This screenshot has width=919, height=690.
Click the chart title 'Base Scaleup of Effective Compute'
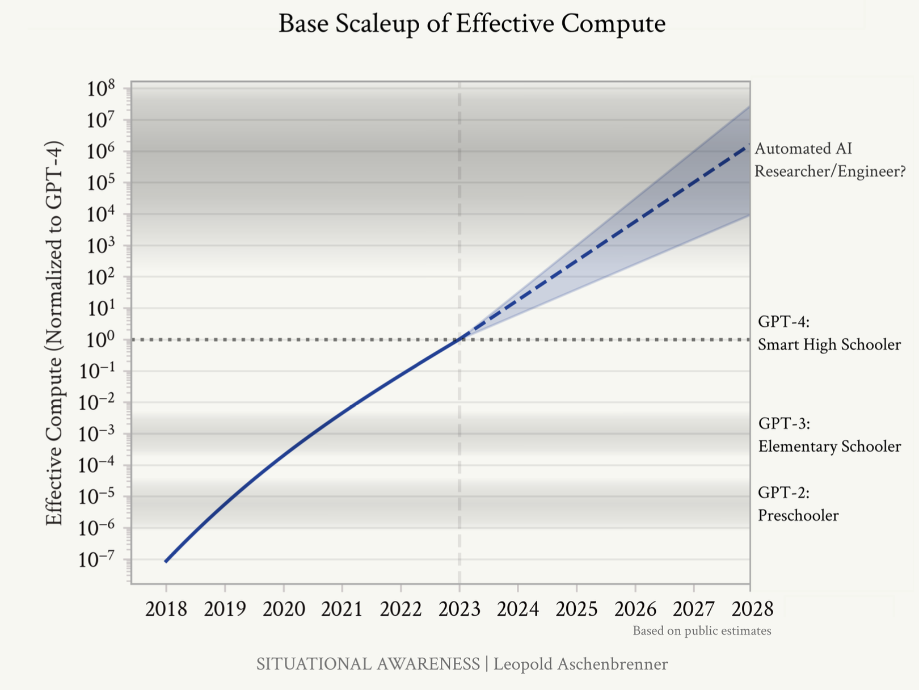point(471,24)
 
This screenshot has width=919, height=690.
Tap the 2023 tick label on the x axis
point(459,609)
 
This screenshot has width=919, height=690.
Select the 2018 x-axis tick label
point(166,609)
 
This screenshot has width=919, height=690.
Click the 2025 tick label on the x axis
point(576,609)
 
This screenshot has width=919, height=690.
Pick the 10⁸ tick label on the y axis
point(101,89)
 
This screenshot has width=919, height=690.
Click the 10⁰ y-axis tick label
point(101,340)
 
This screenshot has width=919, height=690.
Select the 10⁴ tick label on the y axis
point(101,215)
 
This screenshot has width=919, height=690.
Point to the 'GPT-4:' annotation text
point(783,322)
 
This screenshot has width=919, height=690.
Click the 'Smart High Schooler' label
point(829,344)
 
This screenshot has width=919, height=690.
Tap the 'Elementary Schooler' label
point(829,447)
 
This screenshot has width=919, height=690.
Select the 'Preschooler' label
point(798,515)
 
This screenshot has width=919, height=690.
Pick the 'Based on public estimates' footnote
point(702,631)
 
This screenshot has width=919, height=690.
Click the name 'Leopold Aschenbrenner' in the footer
point(580,664)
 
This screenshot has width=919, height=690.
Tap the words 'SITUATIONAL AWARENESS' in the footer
point(368,664)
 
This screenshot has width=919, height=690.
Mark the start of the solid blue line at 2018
point(166,561)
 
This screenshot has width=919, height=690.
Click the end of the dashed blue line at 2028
point(749,145)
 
